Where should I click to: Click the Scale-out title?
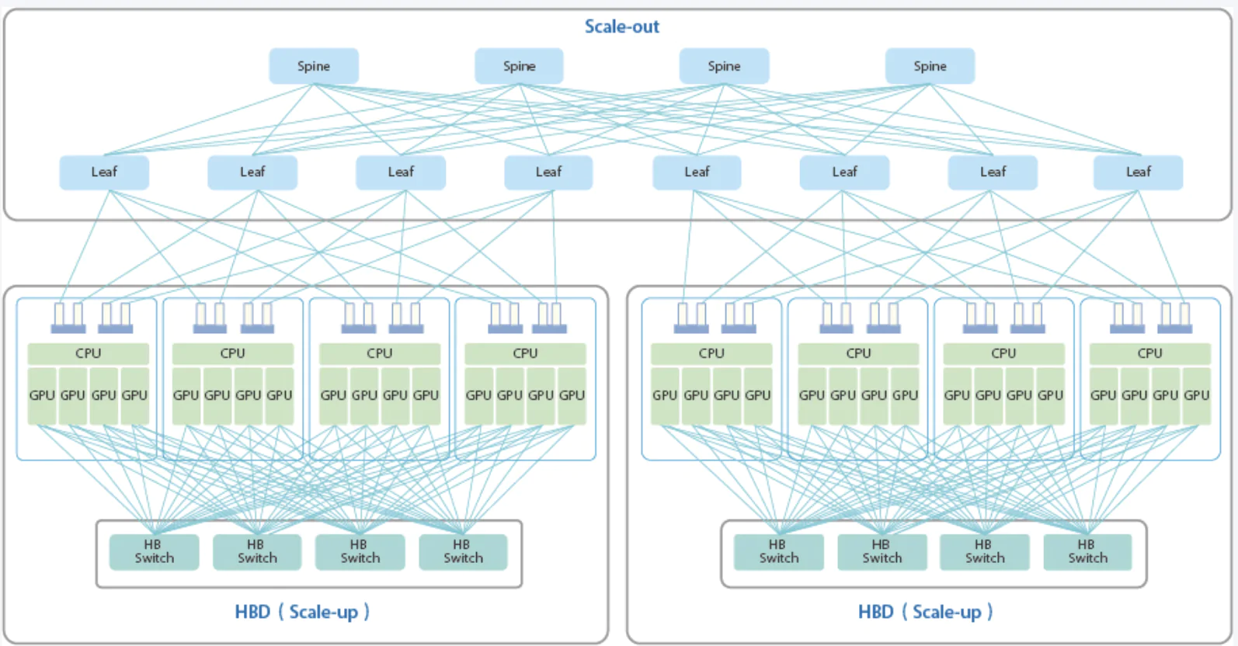click(x=621, y=26)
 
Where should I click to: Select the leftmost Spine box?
click(x=314, y=66)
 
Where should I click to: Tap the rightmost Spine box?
click(x=930, y=66)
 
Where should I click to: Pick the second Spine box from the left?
click(x=519, y=66)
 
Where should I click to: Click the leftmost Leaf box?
click(x=104, y=172)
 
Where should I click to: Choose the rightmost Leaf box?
click(x=1138, y=172)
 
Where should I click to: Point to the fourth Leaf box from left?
click(x=548, y=172)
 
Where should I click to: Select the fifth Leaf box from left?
click(x=697, y=172)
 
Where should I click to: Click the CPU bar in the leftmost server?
click(x=88, y=353)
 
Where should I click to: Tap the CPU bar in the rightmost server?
click(x=1149, y=353)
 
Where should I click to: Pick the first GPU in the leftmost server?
click(x=42, y=396)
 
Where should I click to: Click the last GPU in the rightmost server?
click(x=1196, y=396)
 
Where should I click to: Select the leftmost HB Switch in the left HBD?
click(x=154, y=551)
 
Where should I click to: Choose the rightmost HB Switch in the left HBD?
click(x=463, y=551)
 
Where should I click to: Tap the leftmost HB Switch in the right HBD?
click(x=778, y=551)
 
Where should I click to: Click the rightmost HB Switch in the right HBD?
click(x=1087, y=551)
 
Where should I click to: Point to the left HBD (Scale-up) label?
click(x=302, y=612)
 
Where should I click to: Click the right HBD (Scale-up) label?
click(x=925, y=612)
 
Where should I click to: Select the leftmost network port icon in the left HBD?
click(x=68, y=318)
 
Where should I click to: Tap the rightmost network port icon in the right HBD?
click(x=1175, y=318)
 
